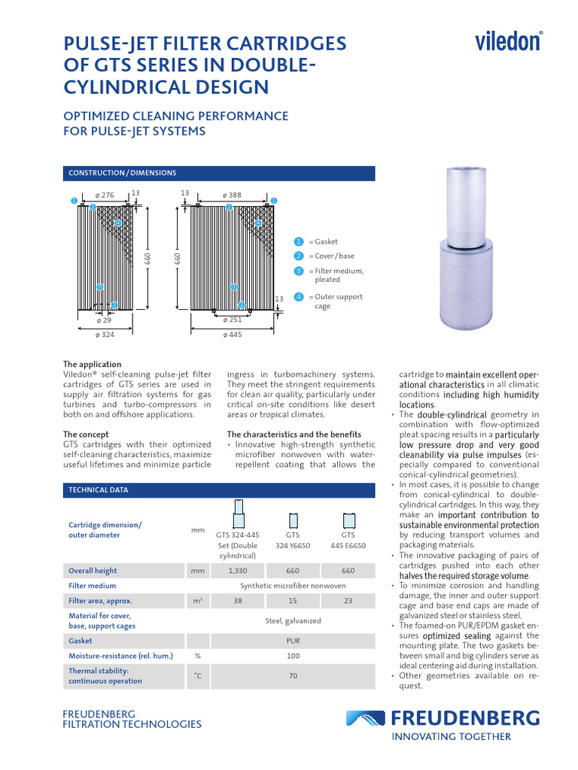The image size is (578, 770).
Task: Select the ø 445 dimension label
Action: pyautogui.click(x=231, y=334)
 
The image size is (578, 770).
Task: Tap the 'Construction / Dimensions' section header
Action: pyautogui.click(x=123, y=173)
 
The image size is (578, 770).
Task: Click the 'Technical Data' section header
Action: pyautogui.click(x=99, y=490)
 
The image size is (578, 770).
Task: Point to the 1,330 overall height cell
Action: pyautogui.click(x=238, y=571)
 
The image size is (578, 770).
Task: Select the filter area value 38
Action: pyautogui.click(x=238, y=601)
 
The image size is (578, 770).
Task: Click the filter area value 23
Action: pyautogui.click(x=348, y=601)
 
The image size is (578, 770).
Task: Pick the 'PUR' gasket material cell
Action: pyautogui.click(x=293, y=641)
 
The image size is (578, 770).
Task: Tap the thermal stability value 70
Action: pyautogui.click(x=293, y=676)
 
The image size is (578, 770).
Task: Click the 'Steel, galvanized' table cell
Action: pyautogui.click(x=293, y=620)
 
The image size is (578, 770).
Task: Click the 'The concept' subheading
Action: pyautogui.click(x=86, y=435)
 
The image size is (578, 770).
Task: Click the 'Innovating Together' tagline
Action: pyautogui.click(x=452, y=737)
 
